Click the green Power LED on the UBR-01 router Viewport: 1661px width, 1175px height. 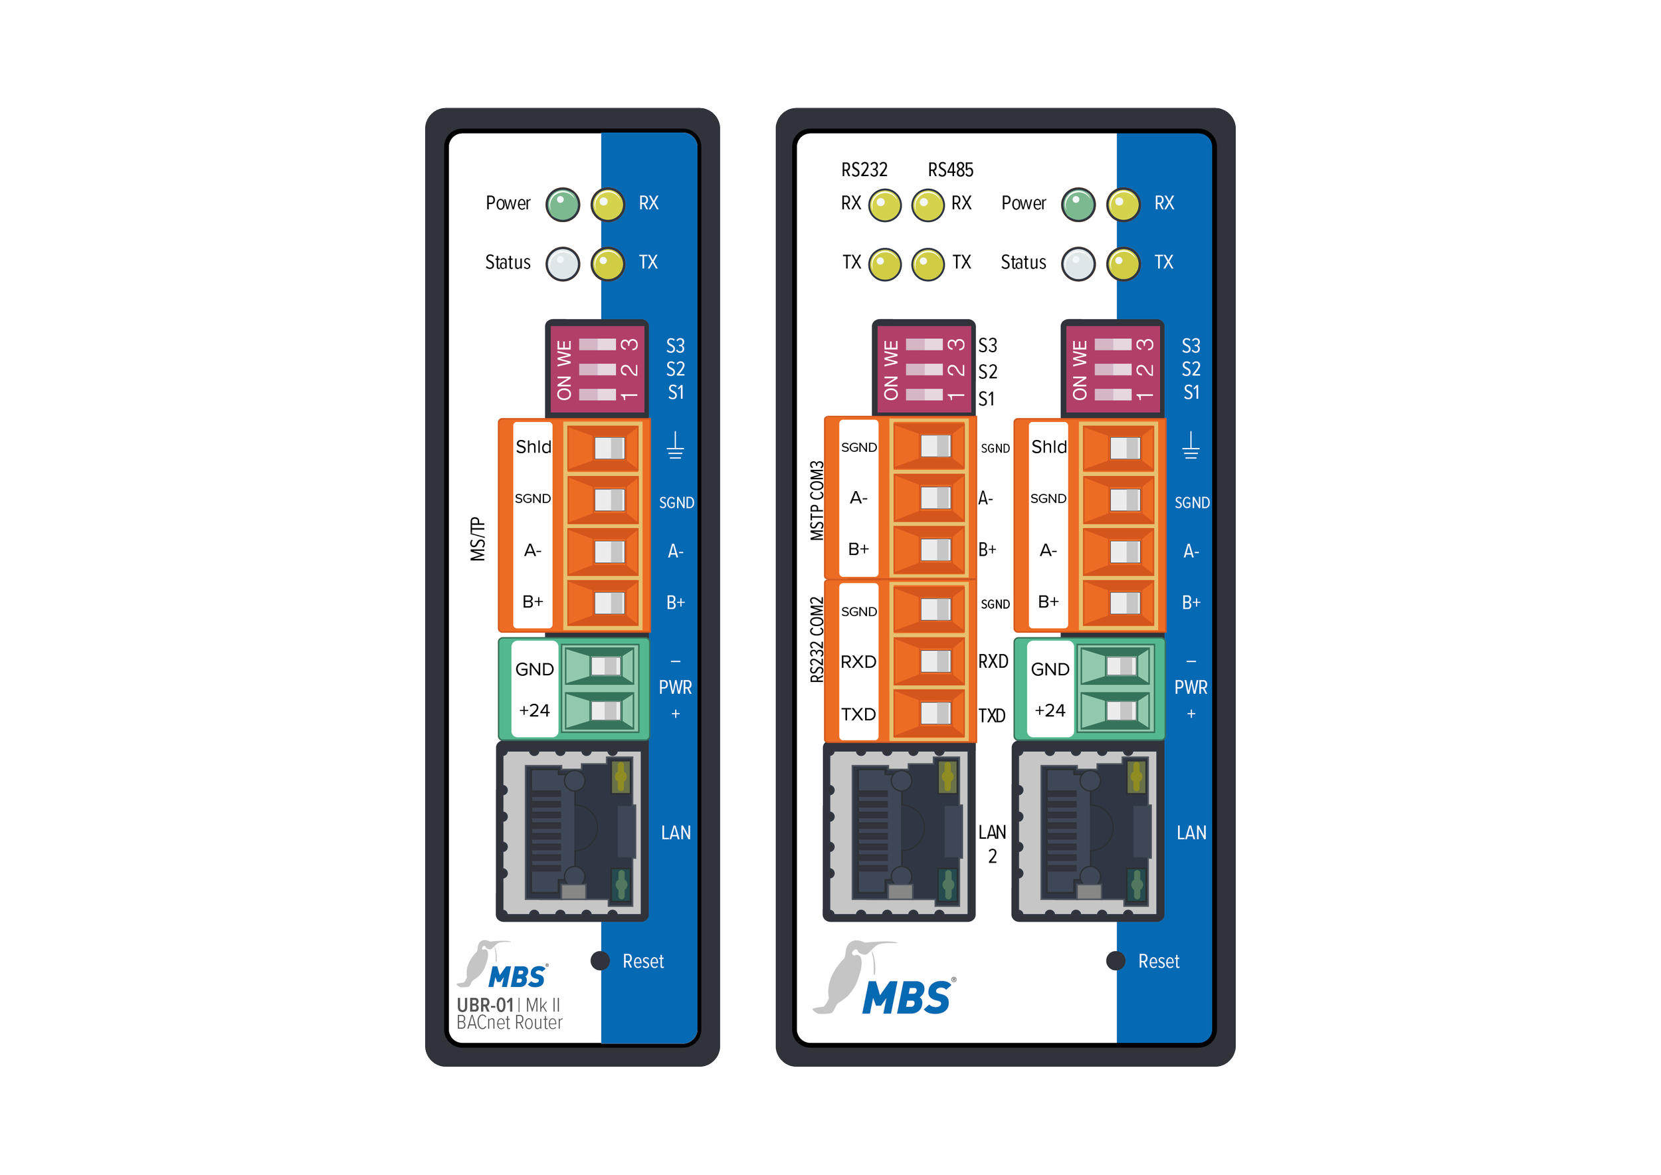pos(562,205)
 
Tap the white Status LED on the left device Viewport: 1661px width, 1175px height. pos(562,263)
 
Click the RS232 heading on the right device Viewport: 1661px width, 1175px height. pos(864,170)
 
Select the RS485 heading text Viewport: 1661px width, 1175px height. pos(950,170)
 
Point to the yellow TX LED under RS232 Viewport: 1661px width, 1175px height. pos(884,264)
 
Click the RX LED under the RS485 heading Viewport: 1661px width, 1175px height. pos(928,205)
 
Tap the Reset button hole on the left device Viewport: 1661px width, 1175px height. pos(600,960)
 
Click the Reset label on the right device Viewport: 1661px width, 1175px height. pos(1158,962)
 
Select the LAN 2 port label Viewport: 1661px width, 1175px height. pos(992,843)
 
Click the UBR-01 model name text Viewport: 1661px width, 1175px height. pos(485,1005)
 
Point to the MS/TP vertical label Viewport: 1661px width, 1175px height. pos(478,539)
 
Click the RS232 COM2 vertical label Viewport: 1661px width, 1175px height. pos(817,639)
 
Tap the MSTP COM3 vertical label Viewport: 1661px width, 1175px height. pos(817,500)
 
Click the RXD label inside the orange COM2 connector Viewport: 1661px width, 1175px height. pos(858,661)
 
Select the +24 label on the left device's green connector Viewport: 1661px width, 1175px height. pos(534,710)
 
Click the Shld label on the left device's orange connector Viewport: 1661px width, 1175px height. pos(533,447)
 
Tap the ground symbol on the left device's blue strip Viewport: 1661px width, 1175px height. pos(675,446)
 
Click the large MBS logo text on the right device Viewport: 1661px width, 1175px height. pos(906,998)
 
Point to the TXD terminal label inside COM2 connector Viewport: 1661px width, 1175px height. pos(858,714)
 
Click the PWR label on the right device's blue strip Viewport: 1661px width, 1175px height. pos(1190,687)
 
